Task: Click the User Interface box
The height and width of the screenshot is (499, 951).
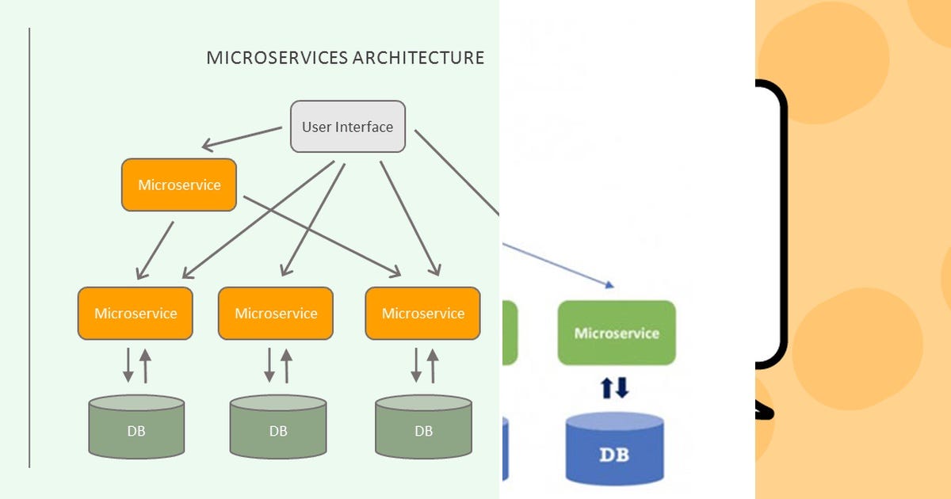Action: tap(348, 127)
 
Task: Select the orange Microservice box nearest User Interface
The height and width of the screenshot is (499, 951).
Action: tap(179, 185)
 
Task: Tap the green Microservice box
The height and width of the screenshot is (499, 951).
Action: tap(617, 333)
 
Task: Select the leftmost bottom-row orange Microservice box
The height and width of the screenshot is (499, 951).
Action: tap(136, 313)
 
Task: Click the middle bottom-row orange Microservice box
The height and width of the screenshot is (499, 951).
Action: tap(276, 313)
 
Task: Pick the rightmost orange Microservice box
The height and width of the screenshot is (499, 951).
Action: tap(423, 313)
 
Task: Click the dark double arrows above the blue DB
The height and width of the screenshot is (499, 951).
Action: tap(614, 388)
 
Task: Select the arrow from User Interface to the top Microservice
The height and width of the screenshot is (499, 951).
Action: tap(242, 138)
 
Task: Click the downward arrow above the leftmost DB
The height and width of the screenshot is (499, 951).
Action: tap(128, 365)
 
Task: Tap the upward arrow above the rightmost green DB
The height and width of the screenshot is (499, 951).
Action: tap(433, 365)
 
